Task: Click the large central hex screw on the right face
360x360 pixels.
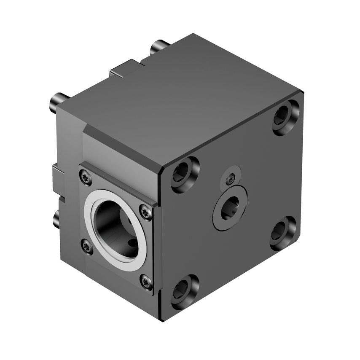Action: [x=230, y=208]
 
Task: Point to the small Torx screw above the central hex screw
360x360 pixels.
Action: [x=230, y=179]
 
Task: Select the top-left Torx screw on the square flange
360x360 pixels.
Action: [x=86, y=178]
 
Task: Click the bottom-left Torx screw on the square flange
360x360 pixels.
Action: [x=87, y=247]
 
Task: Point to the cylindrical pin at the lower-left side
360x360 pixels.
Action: [x=56, y=219]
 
